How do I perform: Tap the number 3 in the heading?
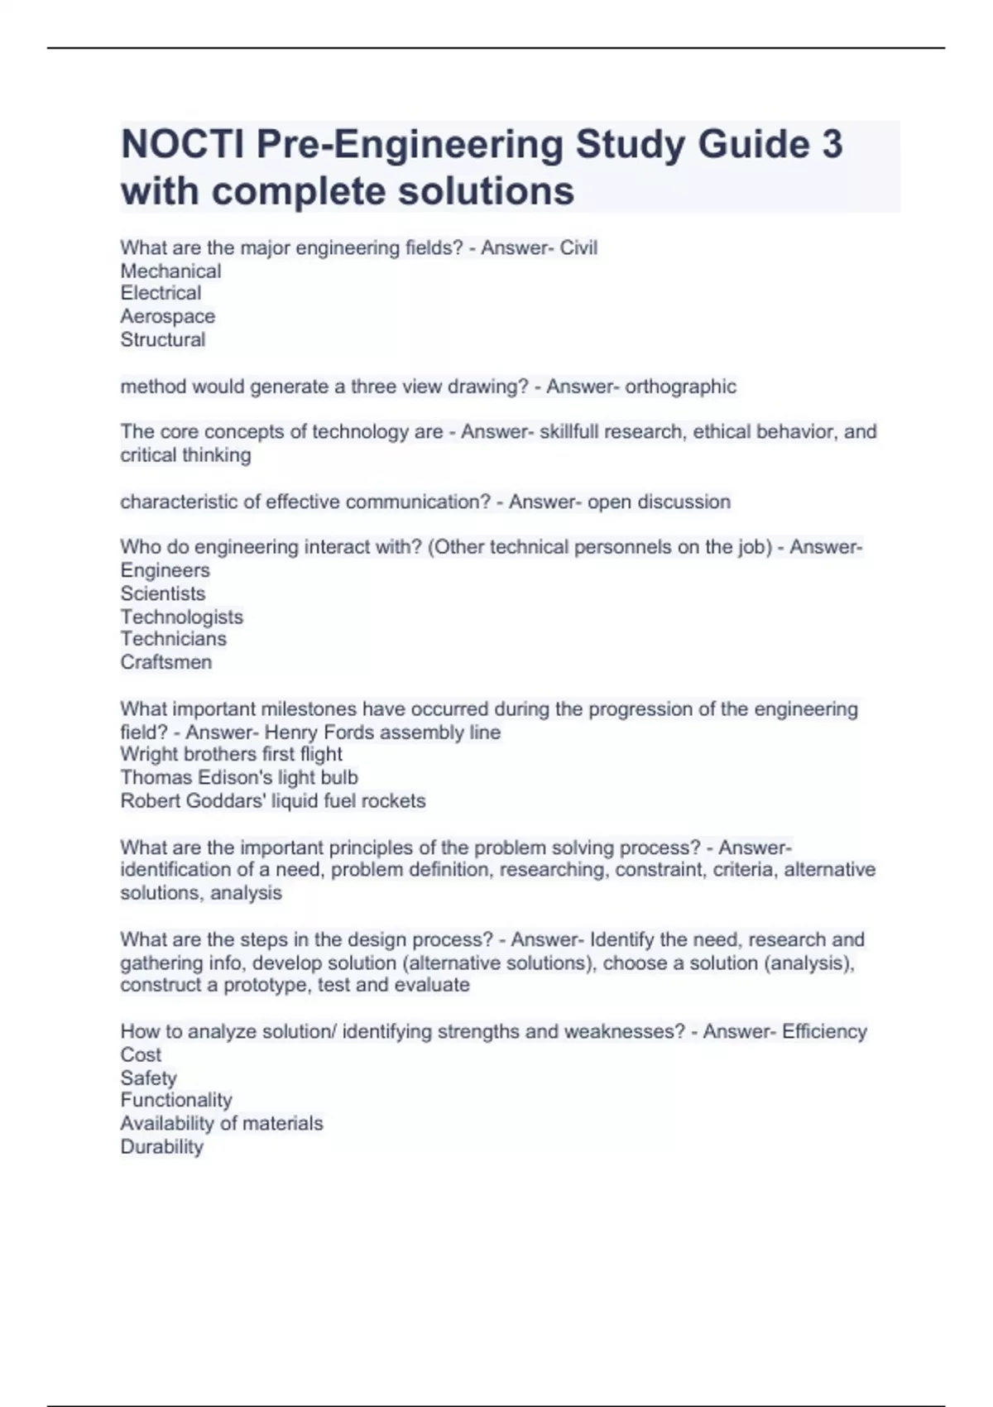point(832,144)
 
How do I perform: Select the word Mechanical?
point(170,271)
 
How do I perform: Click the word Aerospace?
point(167,316)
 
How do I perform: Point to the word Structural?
point(162,339)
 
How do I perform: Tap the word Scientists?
point(162,593)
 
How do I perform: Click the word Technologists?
point(181,617)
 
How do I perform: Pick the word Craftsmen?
point(165,662)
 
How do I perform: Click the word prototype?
point(267,985)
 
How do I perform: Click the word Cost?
point(141,1054)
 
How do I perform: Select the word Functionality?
point(175,1100)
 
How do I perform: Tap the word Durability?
point(161,1146)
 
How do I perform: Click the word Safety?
point(148,1078)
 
